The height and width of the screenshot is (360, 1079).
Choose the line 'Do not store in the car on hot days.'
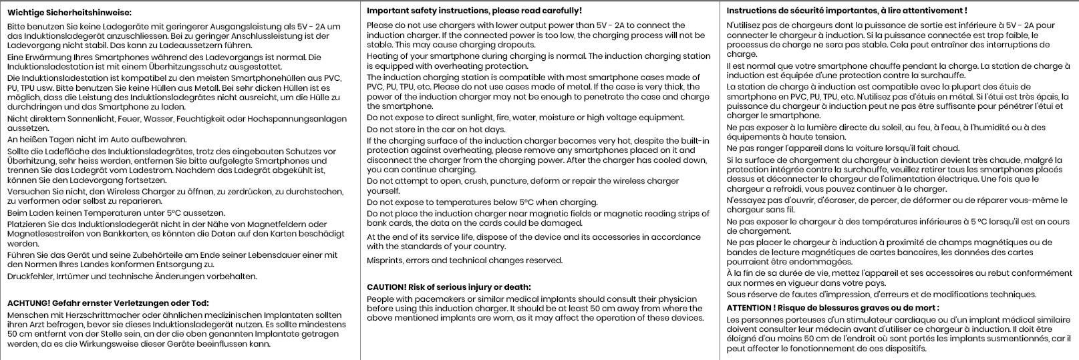tap(436, 129)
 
